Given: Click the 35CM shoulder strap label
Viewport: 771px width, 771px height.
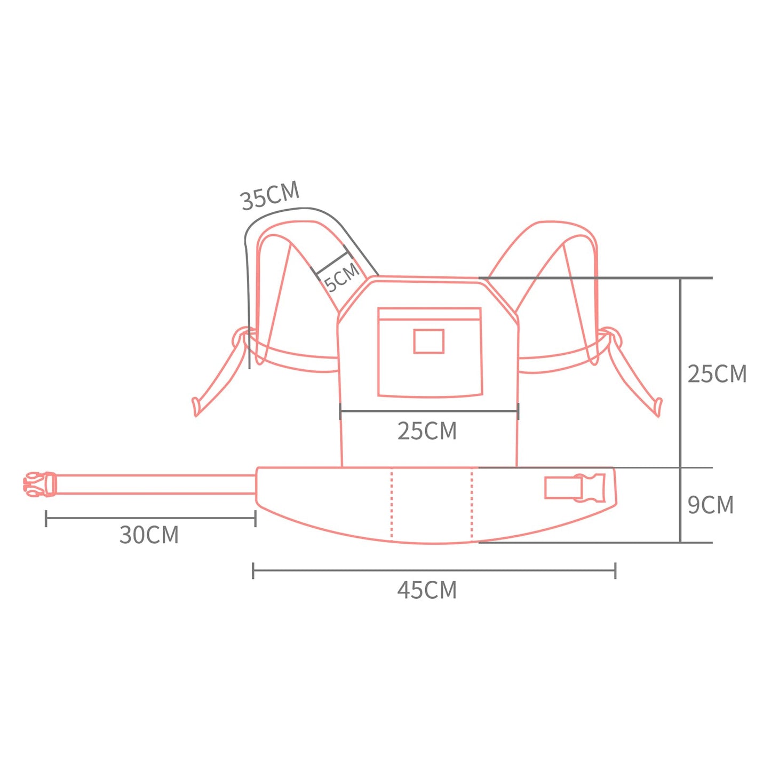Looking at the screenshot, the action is point(270,196).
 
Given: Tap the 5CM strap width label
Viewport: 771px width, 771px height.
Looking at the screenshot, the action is point(342,277).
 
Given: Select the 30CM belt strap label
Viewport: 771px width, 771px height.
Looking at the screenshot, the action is point(149,535).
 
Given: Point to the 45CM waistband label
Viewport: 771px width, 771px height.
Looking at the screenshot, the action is point(427,590).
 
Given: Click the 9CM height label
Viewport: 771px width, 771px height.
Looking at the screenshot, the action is point(711,505).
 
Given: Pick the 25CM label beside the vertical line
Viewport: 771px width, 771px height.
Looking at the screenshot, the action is point(717,374).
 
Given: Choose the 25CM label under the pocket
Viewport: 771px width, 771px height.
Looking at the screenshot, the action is point(427,431).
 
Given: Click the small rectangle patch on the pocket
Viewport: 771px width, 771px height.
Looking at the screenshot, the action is point(428,341).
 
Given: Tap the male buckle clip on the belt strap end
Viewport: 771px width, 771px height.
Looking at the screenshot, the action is point(40,484).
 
